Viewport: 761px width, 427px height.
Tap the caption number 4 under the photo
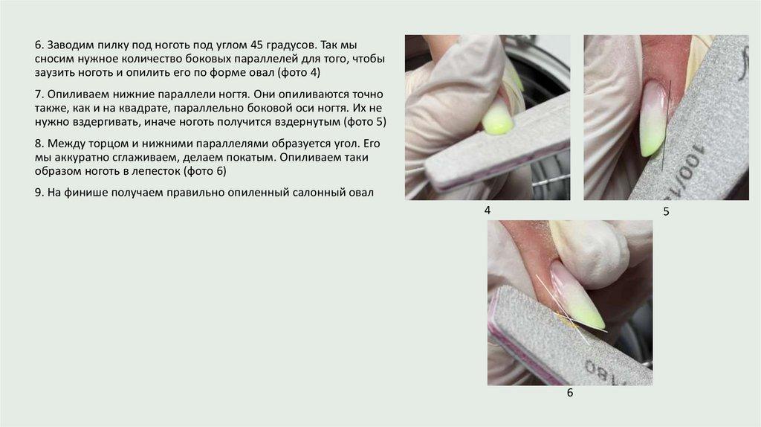[488, 211]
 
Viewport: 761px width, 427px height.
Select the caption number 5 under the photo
[666, 211]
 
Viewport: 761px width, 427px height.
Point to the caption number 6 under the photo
[570, 393]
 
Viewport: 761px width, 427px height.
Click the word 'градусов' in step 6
[291, 45]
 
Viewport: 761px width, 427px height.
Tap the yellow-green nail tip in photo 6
[592, 315]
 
